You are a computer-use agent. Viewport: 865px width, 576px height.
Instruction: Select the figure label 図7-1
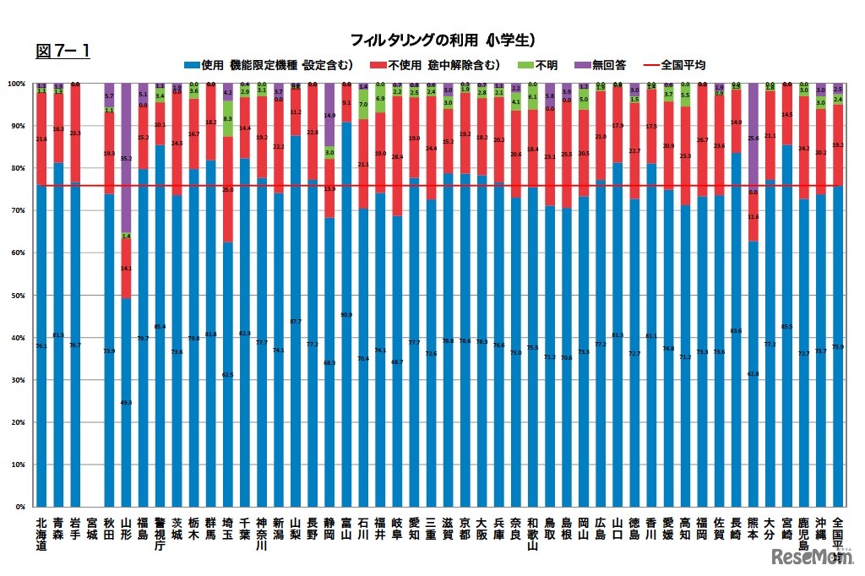pyautogui.click(x=63, y=52)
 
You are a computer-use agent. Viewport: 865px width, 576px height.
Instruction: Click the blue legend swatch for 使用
pyautogui.click(x=191, y=64)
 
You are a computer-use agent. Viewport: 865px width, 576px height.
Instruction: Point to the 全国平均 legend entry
pyautogui.click(x=682, y=64)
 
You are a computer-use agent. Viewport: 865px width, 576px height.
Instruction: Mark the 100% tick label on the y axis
pyautogui.click(x=15, y=84)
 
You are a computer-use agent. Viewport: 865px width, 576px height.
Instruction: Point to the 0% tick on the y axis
pyautogui.click(x=19, y=507)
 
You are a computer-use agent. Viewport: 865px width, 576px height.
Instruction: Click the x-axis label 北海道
pyautogui.click(x=41, y=534)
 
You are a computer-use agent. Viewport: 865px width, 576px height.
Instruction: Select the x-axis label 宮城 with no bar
pyautogui.click(x=92, y=528)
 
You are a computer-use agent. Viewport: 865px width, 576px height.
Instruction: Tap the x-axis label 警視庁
pyautogui.click(x=160, y=534)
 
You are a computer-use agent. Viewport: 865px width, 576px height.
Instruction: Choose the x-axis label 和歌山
pyautogui.click(x=533, y=534)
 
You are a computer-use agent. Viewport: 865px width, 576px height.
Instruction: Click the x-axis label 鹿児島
pyautogui.click(x=804, y=534)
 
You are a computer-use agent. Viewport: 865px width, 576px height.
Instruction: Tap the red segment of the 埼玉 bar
pyautogui.click(x=228, y=190)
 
